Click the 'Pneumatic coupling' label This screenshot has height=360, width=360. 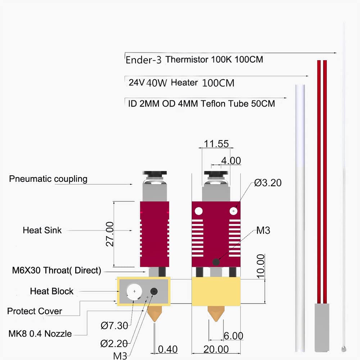click(48, 179)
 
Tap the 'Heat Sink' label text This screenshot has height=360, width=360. click(42, 230)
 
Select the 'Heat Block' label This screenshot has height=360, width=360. click(51, 291)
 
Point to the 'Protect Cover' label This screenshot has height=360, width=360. click(35, 311)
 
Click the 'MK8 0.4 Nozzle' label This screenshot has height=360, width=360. click(40, 334)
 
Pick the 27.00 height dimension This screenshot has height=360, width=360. click(110, 234)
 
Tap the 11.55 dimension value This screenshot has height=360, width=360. click(216, 144)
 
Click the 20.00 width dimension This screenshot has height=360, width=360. click(216, 349)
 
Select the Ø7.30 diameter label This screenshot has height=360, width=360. click(114, 326)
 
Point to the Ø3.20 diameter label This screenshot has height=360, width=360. click(267, 183)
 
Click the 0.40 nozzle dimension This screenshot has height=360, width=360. click(168, 349)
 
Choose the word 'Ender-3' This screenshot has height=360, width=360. click(143, 60)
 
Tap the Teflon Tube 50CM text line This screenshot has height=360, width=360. click(202, 104)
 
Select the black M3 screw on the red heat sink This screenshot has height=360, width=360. click(216, 262)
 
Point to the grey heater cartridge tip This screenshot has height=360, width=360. click(321, 327)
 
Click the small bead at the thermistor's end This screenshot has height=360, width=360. click(344, 348)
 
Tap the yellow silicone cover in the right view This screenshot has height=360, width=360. click(216, 291)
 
